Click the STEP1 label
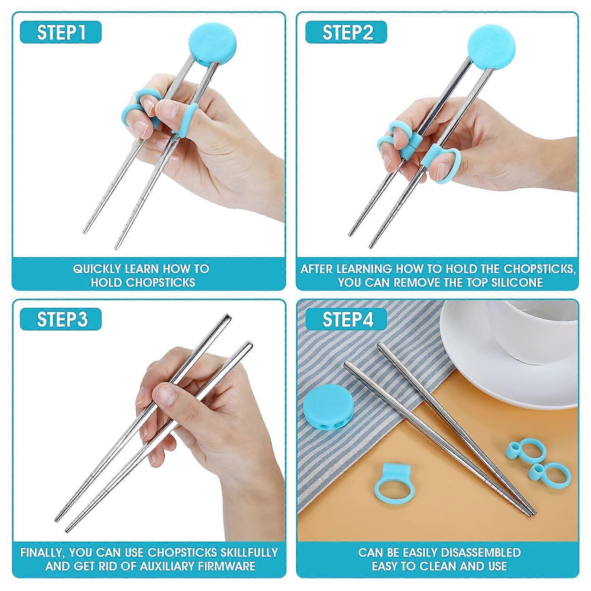[x=61, y=32]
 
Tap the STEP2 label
[x=346, y=32]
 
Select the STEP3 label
[x=61, y=319]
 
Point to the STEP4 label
[x=346, y=319]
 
